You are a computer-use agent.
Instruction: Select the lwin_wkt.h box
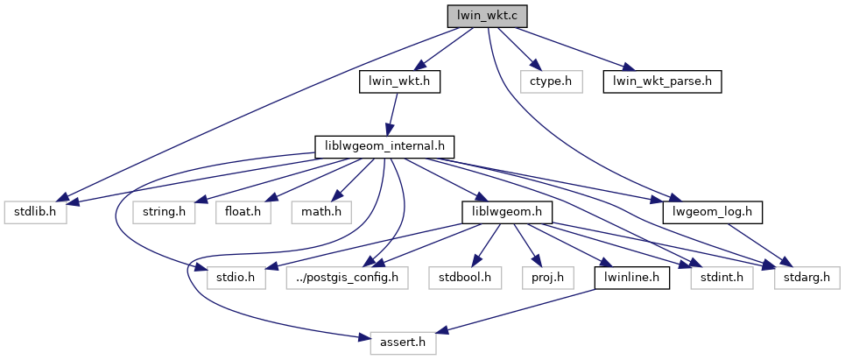[399, 82]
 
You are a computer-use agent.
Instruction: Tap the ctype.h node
[551, 82]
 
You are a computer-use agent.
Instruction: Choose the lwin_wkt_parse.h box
[661, 82]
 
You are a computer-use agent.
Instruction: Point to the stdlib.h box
[34, 212]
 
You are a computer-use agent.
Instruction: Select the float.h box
[239, 212]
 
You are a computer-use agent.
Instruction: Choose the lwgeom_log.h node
[713, 212]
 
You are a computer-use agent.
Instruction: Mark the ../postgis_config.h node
[348, 279]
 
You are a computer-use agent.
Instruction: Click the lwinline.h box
[632, 279]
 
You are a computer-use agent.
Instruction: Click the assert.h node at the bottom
[403, 343]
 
